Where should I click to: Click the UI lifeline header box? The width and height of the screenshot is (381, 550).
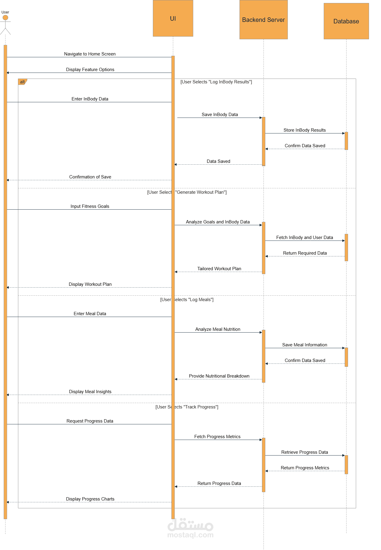[173, 18]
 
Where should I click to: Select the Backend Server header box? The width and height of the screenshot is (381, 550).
[263, 20]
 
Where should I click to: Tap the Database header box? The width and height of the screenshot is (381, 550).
[346, 21]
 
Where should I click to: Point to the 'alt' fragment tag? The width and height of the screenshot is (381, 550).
[22, 82]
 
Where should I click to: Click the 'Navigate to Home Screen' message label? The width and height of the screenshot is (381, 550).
[90, 54]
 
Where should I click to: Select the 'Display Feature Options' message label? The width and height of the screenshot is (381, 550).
[90, 70]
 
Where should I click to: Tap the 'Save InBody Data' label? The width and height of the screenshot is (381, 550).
[220, 115]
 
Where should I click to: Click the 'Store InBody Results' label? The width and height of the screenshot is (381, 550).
[305, 130]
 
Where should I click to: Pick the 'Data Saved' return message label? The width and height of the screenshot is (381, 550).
[219, 161]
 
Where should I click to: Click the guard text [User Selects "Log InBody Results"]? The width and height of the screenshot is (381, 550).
[216, 82]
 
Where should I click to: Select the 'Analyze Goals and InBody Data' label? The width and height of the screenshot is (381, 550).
[218, 222]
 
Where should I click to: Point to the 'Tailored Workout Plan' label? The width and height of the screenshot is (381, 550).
[219, 269]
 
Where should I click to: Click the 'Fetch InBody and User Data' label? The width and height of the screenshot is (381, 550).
[305, 238]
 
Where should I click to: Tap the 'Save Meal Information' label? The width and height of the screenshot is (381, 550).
[305, 345]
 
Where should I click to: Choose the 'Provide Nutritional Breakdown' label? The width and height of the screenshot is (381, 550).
[219, 376]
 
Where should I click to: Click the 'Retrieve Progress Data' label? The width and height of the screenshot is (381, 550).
[305, 452]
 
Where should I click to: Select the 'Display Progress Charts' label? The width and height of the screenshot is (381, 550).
[90, 499]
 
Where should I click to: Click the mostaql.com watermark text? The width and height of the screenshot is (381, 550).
[190, 535]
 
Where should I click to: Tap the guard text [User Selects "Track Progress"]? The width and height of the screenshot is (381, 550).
[187, 407]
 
